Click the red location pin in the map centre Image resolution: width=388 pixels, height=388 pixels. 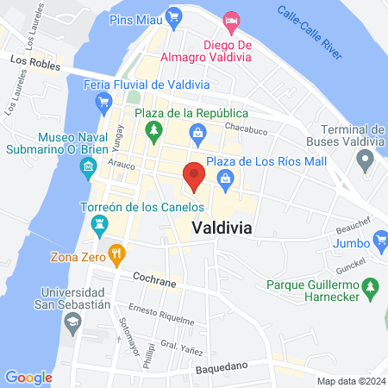pos(195,176)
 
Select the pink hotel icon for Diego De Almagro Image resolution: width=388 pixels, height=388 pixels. pos(230,19)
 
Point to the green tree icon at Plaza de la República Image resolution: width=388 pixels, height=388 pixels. pos(154,131)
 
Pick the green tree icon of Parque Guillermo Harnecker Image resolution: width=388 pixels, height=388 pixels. pos(370,285)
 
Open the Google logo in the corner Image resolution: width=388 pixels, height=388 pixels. pos(28,377)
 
